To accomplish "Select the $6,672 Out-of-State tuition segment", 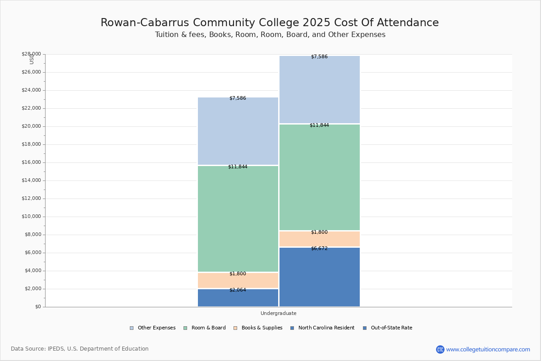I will pyautogui.click(x=319, y=278).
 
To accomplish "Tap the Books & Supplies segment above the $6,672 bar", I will pyautogui.click(x=319, y=240).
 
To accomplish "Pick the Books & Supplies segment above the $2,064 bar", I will pyautogui.click(x=238, y=281).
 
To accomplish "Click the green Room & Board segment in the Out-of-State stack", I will pyautogui.click(x=319, y=177).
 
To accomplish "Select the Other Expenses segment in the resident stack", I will pyautogui.click(x=238, y=131).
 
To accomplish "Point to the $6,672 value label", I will pyautogui.click(x=319, y=249).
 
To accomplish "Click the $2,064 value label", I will pyautogui.click(x=238, y=290).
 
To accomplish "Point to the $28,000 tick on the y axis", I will pyautogui.click(x=31, y=54).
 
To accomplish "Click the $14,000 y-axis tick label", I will pyautogui.click(x=31, y=180).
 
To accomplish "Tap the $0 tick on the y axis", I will pyautogui.click(x=37, y=307).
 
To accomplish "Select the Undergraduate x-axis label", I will pyautogui.click(x=278, y=313).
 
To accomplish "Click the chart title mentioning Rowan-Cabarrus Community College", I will pyautogui.click(x=270, y=23).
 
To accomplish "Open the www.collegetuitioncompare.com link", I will pyautogui.click(x=488, y=349).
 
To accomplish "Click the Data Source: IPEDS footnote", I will pyautogui.click(x=80, y=349).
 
